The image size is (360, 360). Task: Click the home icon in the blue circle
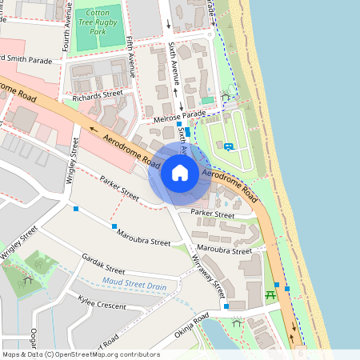coord(180,173)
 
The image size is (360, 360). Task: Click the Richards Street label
coord(97,97)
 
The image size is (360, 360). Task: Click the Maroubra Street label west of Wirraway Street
coord(144,238)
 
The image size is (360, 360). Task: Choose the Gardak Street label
coord(104,265)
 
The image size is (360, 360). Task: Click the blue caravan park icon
coord(229,146)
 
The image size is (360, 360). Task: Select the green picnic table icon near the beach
coord(270,294)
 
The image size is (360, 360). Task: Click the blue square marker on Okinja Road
coord(226,306)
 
